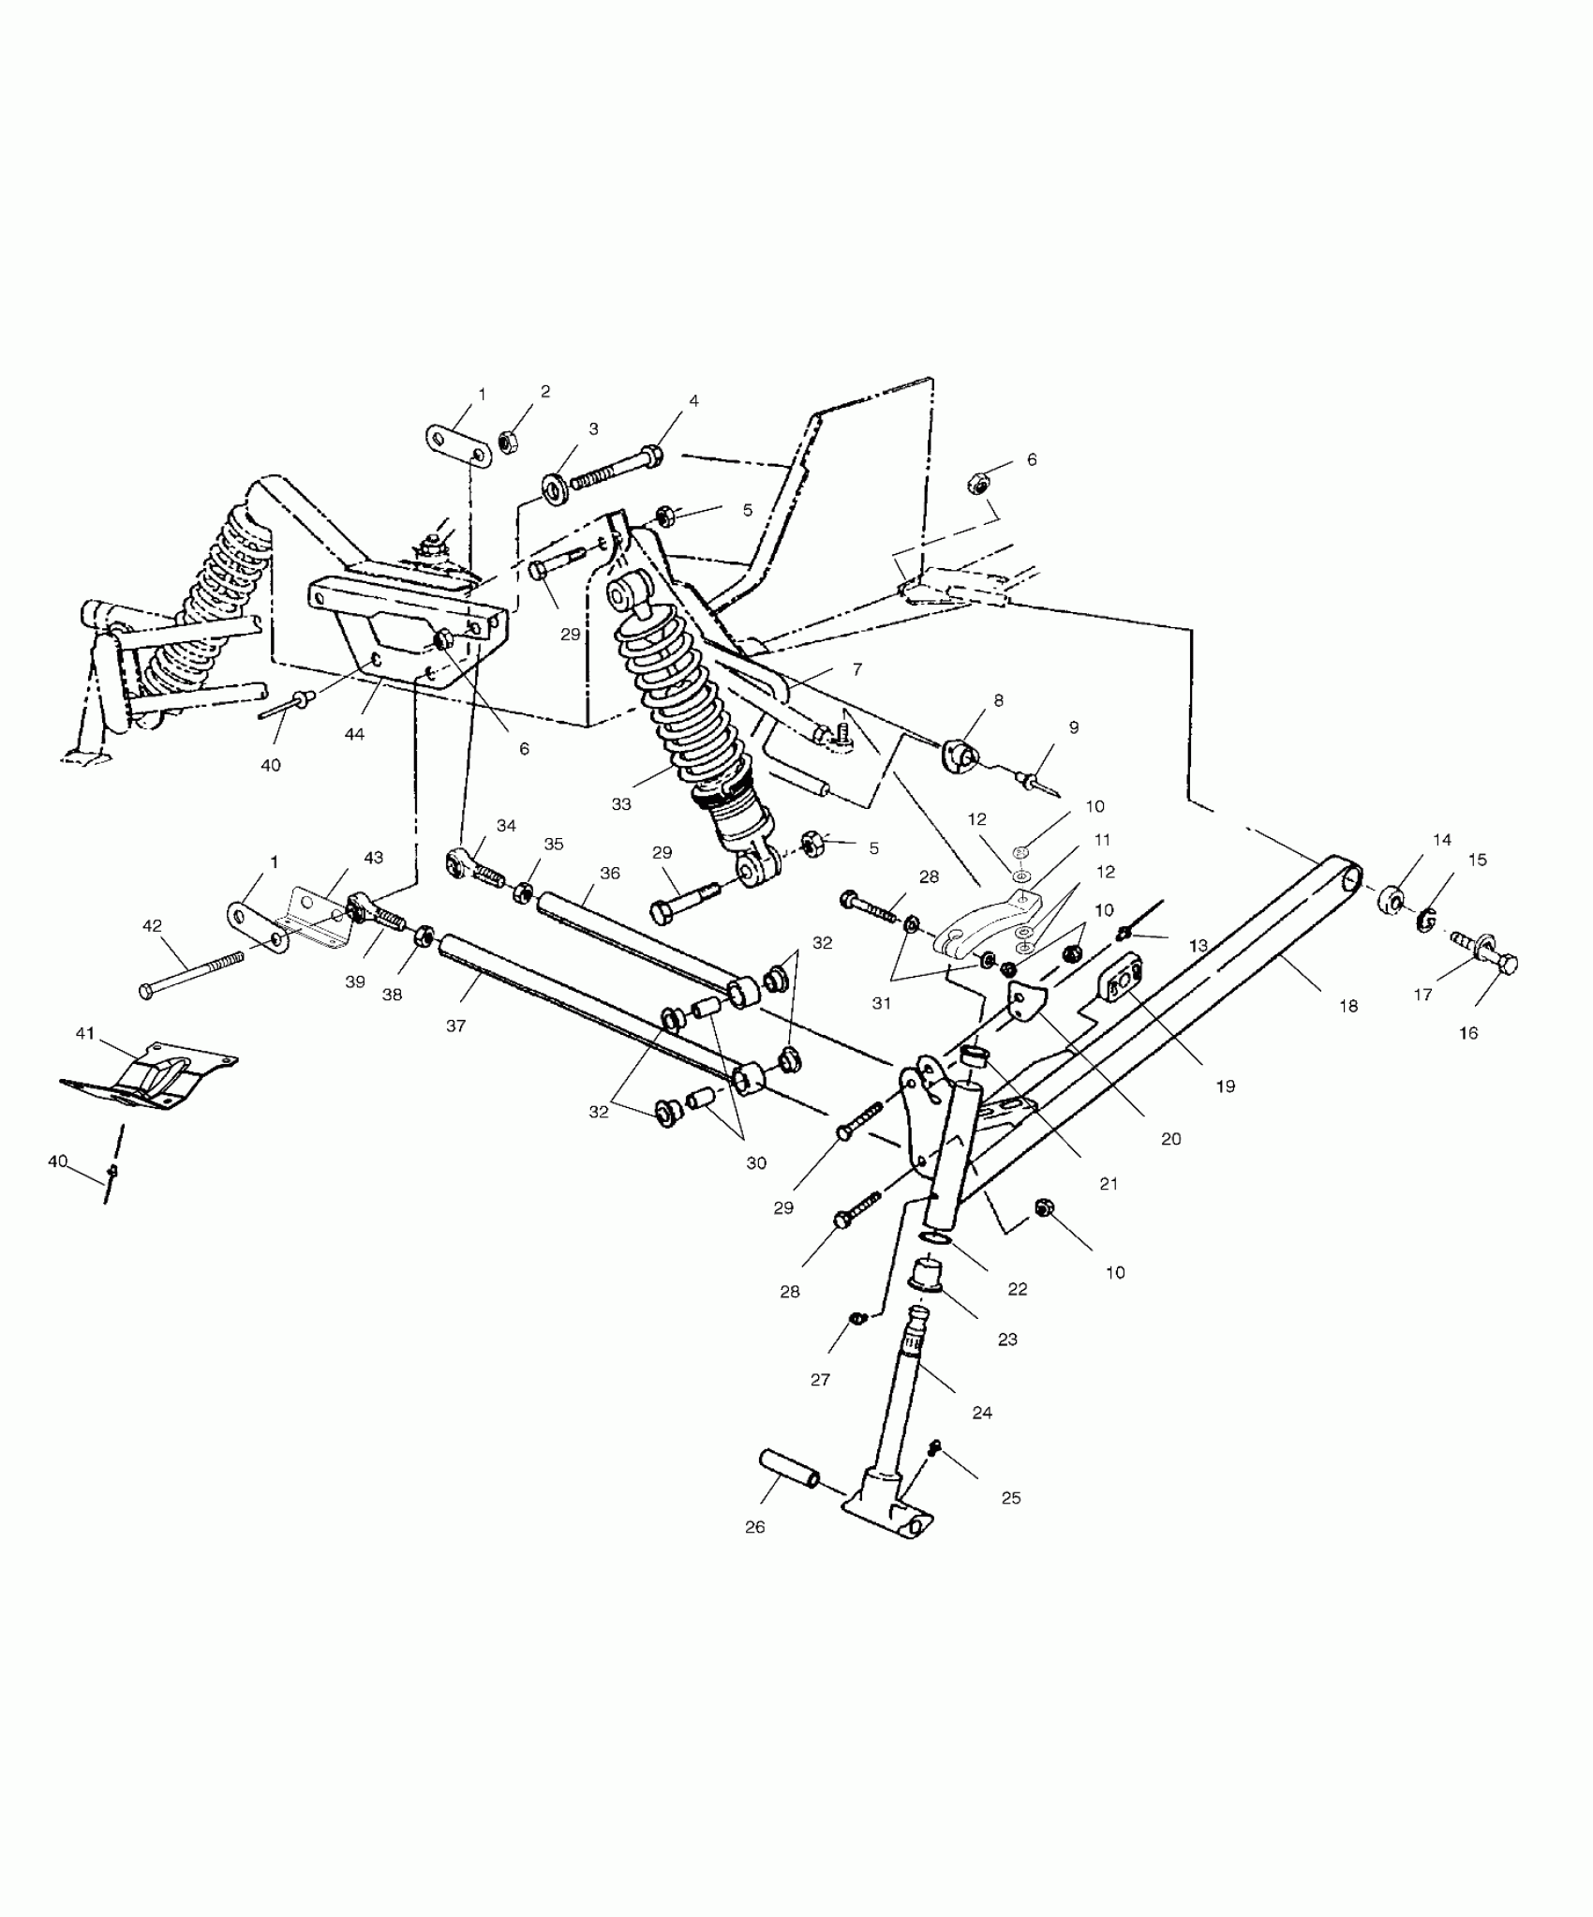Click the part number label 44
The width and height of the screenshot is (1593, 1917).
click(354, 735)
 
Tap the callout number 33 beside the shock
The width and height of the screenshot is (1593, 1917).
click(621, 804)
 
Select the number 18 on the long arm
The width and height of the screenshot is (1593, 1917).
click(1348, 1007)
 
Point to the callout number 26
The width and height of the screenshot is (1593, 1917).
click(755, 1527)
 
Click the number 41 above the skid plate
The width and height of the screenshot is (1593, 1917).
click(85, 1033)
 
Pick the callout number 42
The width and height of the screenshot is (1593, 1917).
click(152, 926)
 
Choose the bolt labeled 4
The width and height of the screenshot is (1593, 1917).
click(614, 468)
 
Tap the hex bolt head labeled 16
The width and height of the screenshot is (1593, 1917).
click(1502, 964)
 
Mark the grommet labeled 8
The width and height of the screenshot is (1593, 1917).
click(960, 753)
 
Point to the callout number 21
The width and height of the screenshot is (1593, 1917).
click(1109, 1184)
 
